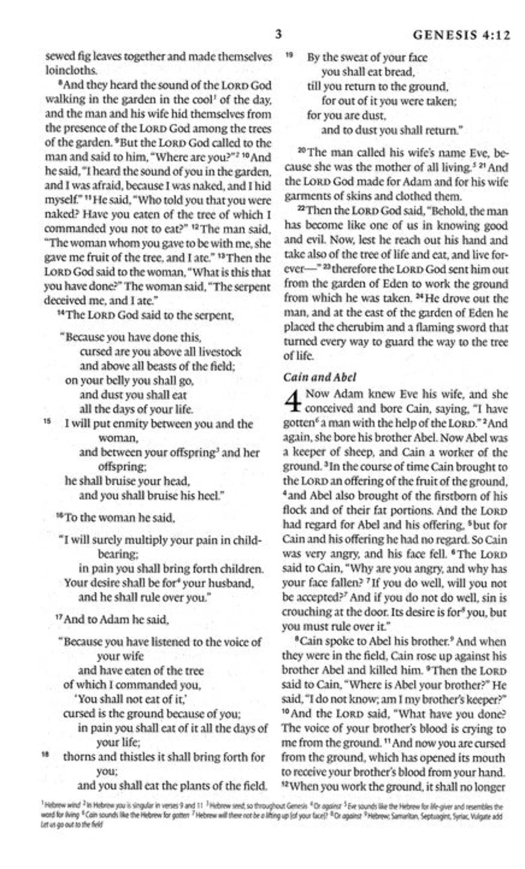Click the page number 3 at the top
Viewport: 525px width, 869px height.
(x=278, y=35)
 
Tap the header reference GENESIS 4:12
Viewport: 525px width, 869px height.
(x=461, y=35)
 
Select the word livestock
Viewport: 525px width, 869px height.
(x=220, y=352)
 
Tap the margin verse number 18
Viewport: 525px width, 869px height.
(x=44, y=754)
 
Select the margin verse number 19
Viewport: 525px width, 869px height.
(x=289, y=55)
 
